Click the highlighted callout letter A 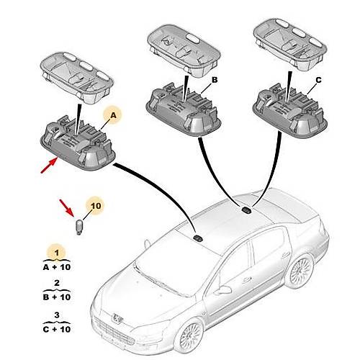(x=113, y=115)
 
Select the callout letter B (x=215, y=80)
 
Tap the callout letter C (x=318, y=80)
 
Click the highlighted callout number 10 (x=96, y=206)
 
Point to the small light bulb (x=79, y=228)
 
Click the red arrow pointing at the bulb (x=67, y=207)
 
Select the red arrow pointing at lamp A (x=49, y=165)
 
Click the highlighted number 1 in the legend (x=57, y=253)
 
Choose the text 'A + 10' (x=57, y=267)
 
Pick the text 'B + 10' (x=57, y=297)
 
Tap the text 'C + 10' (x=57, y=329)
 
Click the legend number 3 (x=57, y=315)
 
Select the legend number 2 (x=57, y=283)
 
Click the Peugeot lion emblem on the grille (x=118, y=318)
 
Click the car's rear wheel (x=300, y=271)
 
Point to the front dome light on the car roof (x=198, y=238)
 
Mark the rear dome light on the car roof (x=246, y=210)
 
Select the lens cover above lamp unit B (x=184, y=51)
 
